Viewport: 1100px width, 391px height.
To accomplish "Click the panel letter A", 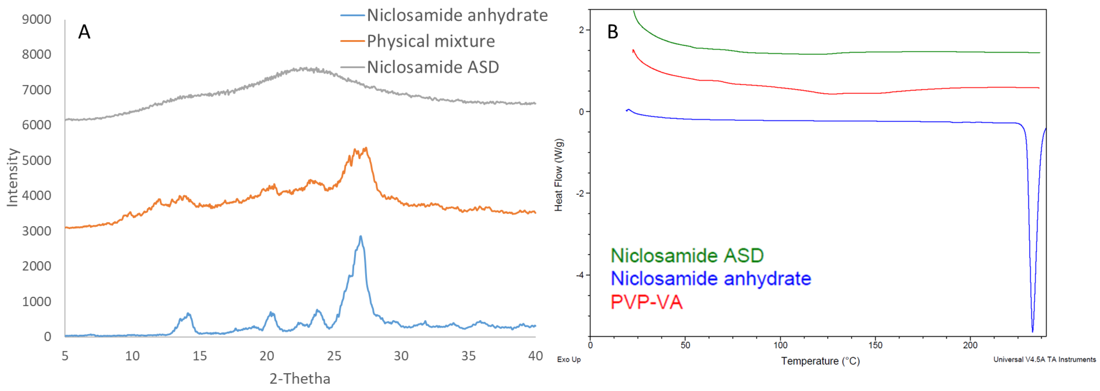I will click(x=84, y=32).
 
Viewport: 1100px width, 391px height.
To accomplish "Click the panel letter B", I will click(x=612, y=32).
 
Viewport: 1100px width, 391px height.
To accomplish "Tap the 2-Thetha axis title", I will click(x=300, y=379).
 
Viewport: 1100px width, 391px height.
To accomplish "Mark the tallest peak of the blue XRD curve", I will click(x=361, y=236).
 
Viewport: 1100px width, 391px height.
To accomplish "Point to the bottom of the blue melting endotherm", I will click(x=1032, y=331).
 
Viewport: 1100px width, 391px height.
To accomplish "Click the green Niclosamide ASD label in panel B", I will click(x=687, y=256).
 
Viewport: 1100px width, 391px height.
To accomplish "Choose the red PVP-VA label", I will click(x=646, y=302).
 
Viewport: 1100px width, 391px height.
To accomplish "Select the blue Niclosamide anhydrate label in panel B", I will click(x=711, y=279).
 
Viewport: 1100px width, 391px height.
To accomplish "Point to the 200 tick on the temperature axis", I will click(x=970, y=345).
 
